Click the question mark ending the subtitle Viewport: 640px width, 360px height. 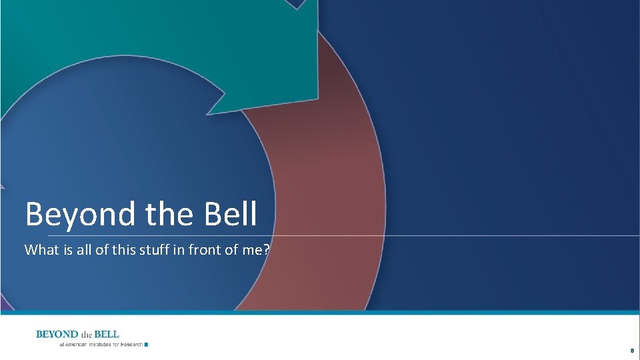(x=267, y=250)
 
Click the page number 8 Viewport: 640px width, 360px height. (x=631, y=350)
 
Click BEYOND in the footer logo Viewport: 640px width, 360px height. (x=57, y=334)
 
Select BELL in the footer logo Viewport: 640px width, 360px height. (x=107, y=334)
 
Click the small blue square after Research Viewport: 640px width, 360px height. (x=146, y=345)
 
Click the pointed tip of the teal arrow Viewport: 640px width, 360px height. (x=209, y=113)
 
